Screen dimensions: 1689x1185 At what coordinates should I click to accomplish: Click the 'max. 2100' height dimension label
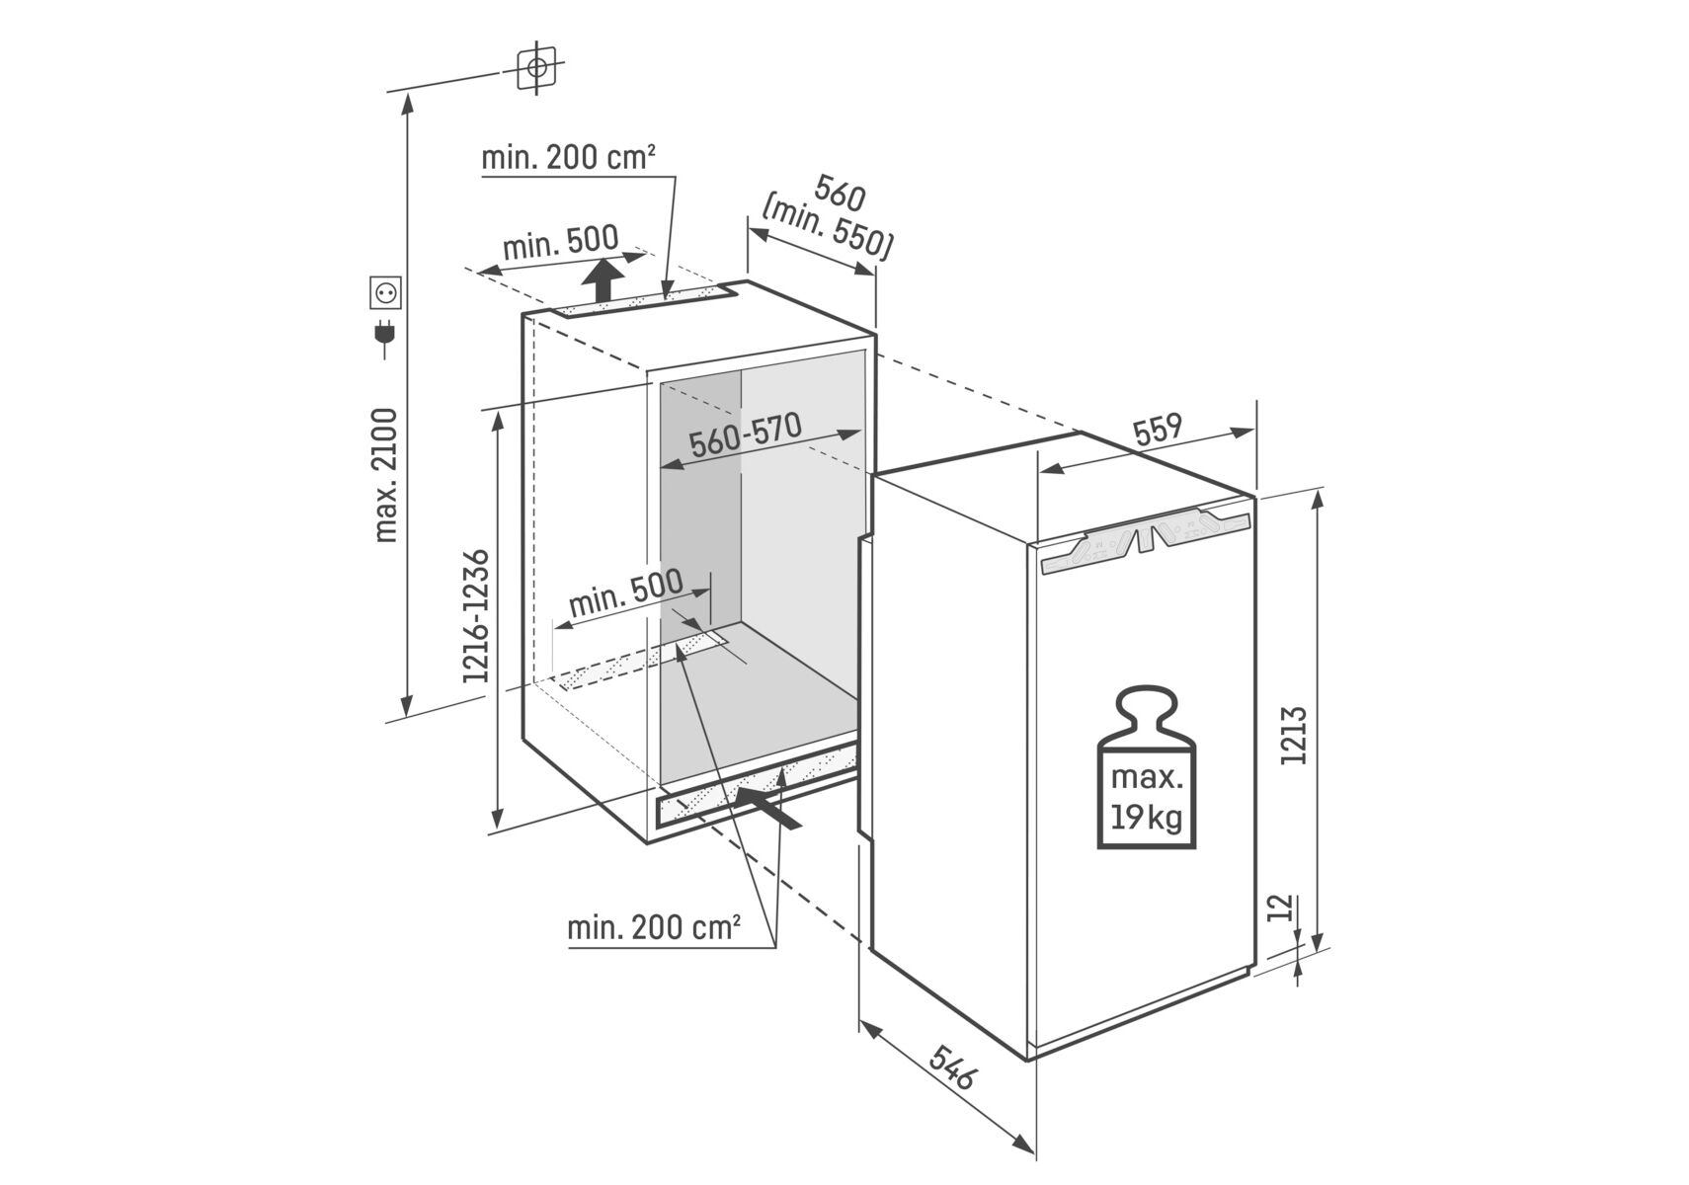coord(386,475)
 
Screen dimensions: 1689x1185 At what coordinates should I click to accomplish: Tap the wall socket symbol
coord(385,292)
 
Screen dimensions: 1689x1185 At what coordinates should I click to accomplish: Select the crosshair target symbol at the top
coord(537,68)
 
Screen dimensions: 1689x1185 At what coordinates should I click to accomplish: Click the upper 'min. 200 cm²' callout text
coord(568,158)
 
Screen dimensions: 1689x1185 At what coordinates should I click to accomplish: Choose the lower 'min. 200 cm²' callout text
coord(654,927)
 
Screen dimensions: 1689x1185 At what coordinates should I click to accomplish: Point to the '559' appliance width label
coord(1158,429)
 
